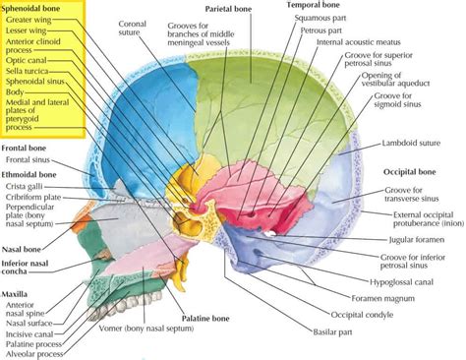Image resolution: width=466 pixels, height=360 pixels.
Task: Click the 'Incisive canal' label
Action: pos(33,326)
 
